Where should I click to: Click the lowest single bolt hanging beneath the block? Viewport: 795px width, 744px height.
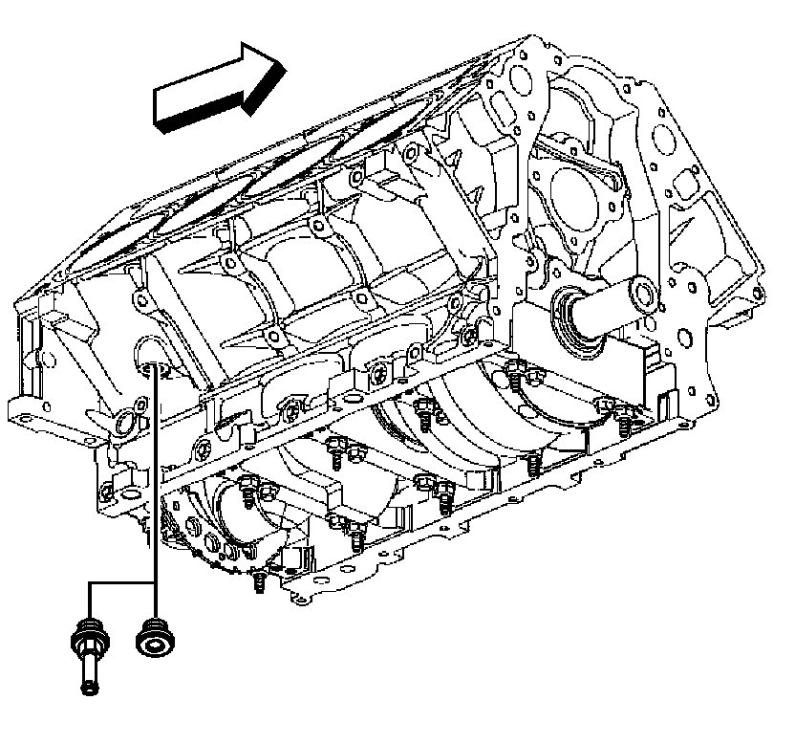point(258,582)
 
